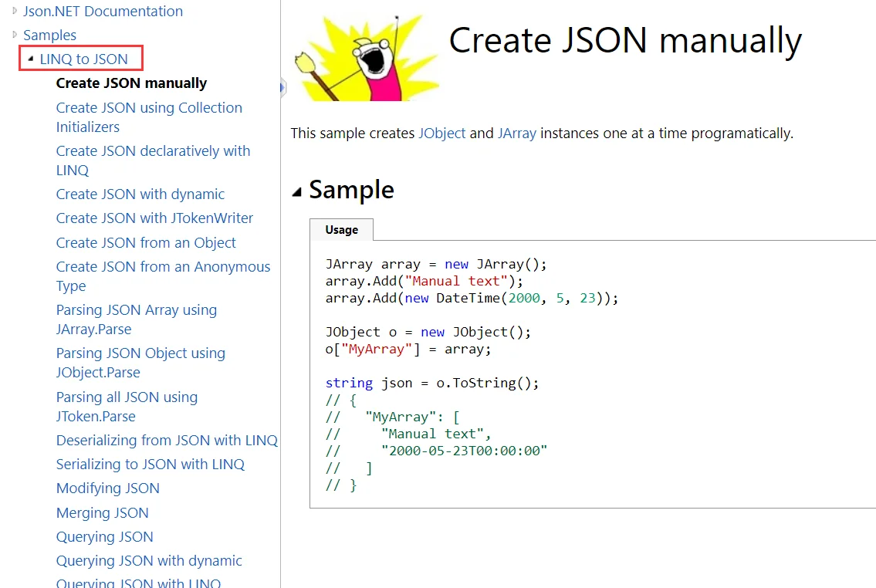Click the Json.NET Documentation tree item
tap(103, 11)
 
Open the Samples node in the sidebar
tap(49, 35)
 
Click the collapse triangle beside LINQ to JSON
tap(31, 58)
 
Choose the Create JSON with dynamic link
tap(140, 194)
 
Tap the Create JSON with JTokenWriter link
tap(155, 218)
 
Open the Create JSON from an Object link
tap(146, 242)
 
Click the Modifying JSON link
tap(108, 488)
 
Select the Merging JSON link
tap(102, 512)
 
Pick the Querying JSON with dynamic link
tap(149, 561)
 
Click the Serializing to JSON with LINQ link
tap(151, 464)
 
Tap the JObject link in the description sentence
tap(442, 133)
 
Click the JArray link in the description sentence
tap(517, 133)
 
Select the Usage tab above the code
tap(341, 229)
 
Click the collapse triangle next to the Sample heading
tap(296, 192)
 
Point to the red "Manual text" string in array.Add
tap(456, 281)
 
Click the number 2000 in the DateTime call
tap(524, 298)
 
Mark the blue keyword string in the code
tap(349, 383)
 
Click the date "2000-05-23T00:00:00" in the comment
tap(464, 451)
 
